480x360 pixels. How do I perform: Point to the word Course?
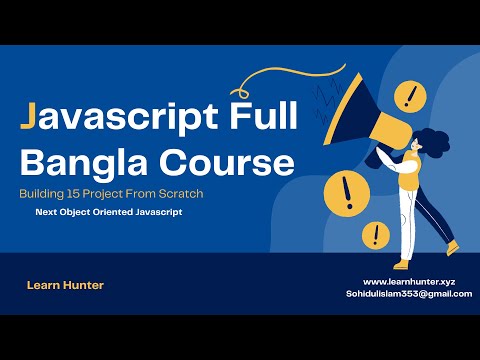pyautogui.click(x=231, y=161)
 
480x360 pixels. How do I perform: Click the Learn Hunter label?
pyautogui.click(x=65, y=285)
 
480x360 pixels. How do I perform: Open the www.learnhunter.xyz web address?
pyautogui.click(x=408, y=282)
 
